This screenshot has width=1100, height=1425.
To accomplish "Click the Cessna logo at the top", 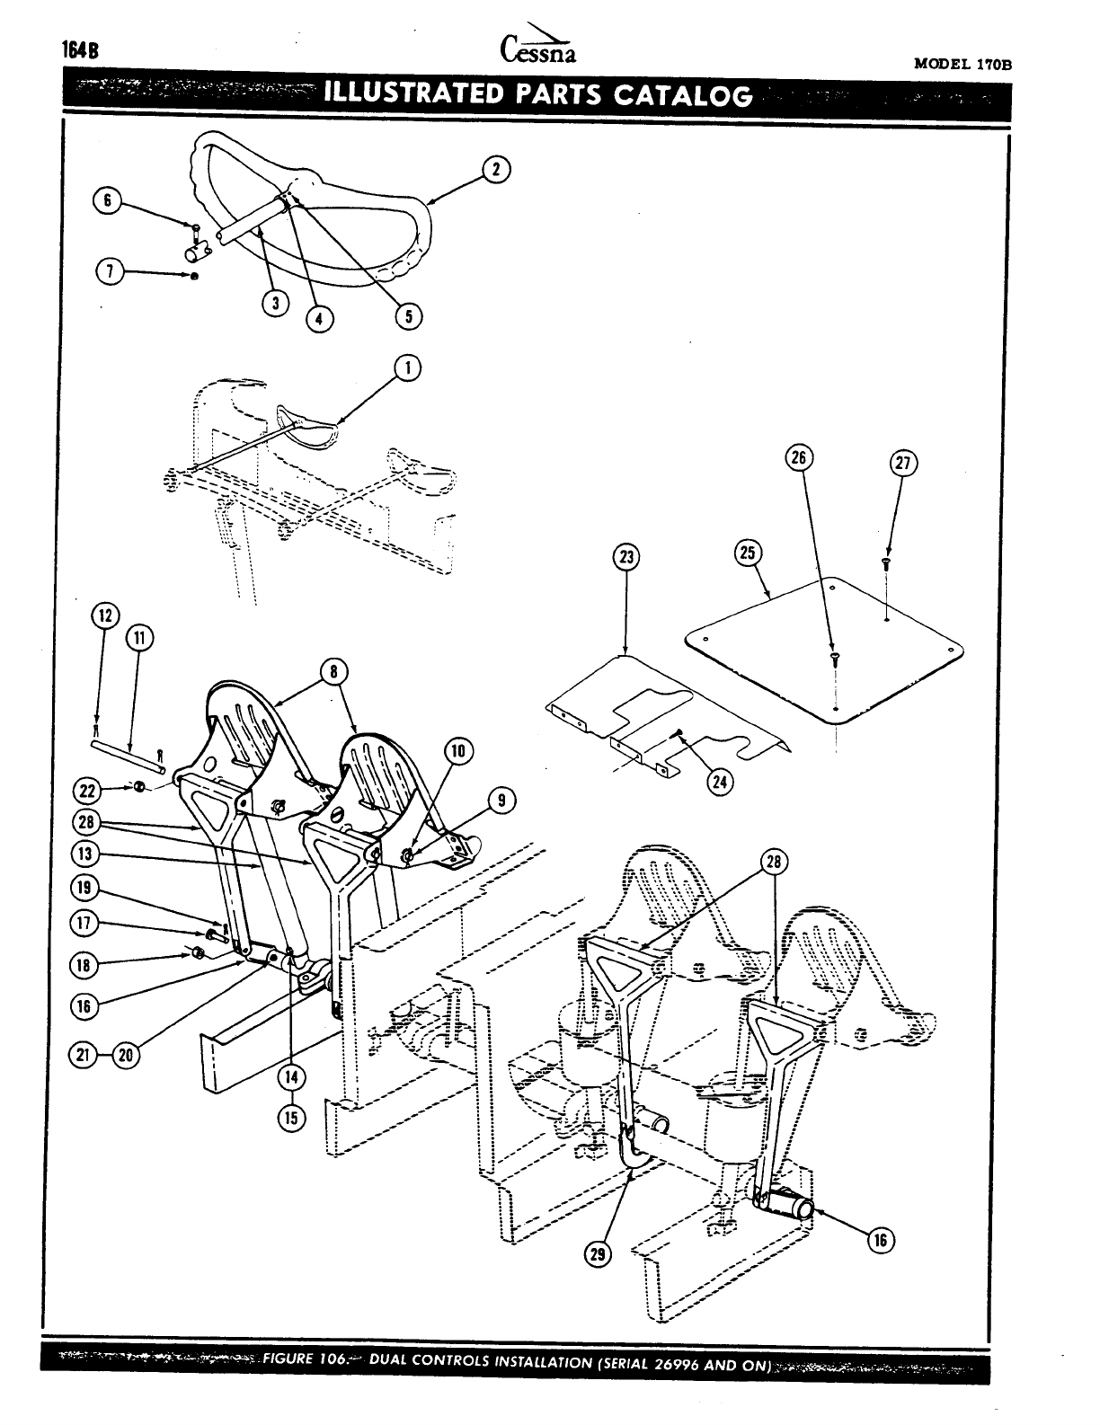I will coord(536,47).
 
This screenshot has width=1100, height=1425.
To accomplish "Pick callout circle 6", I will coord(107,200).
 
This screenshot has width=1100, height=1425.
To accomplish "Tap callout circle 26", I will coord(797,457).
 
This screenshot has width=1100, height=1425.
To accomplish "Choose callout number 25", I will coord(747,552).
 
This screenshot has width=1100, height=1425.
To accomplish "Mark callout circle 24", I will coord(720,781).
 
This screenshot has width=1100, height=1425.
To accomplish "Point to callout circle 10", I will coord(457,750).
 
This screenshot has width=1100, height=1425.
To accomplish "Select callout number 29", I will coord(596,1255).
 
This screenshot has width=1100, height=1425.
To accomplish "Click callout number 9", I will coord(501,799).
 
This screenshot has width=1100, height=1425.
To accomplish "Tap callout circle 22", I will coord(87,790).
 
